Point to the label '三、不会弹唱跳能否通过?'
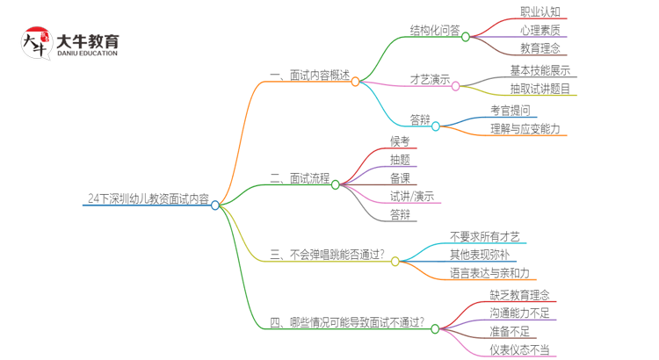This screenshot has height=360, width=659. [x=326, y=256]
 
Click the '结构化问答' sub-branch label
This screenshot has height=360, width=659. [x=434, y=31]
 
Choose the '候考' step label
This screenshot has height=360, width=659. [x=400, y=141]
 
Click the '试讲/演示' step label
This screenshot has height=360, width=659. [x=412, y=197]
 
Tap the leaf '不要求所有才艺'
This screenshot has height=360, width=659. [x=485, y=237]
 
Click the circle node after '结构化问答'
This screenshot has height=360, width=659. [x=466, y=36]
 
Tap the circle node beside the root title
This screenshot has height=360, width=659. [x=215, y=205]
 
